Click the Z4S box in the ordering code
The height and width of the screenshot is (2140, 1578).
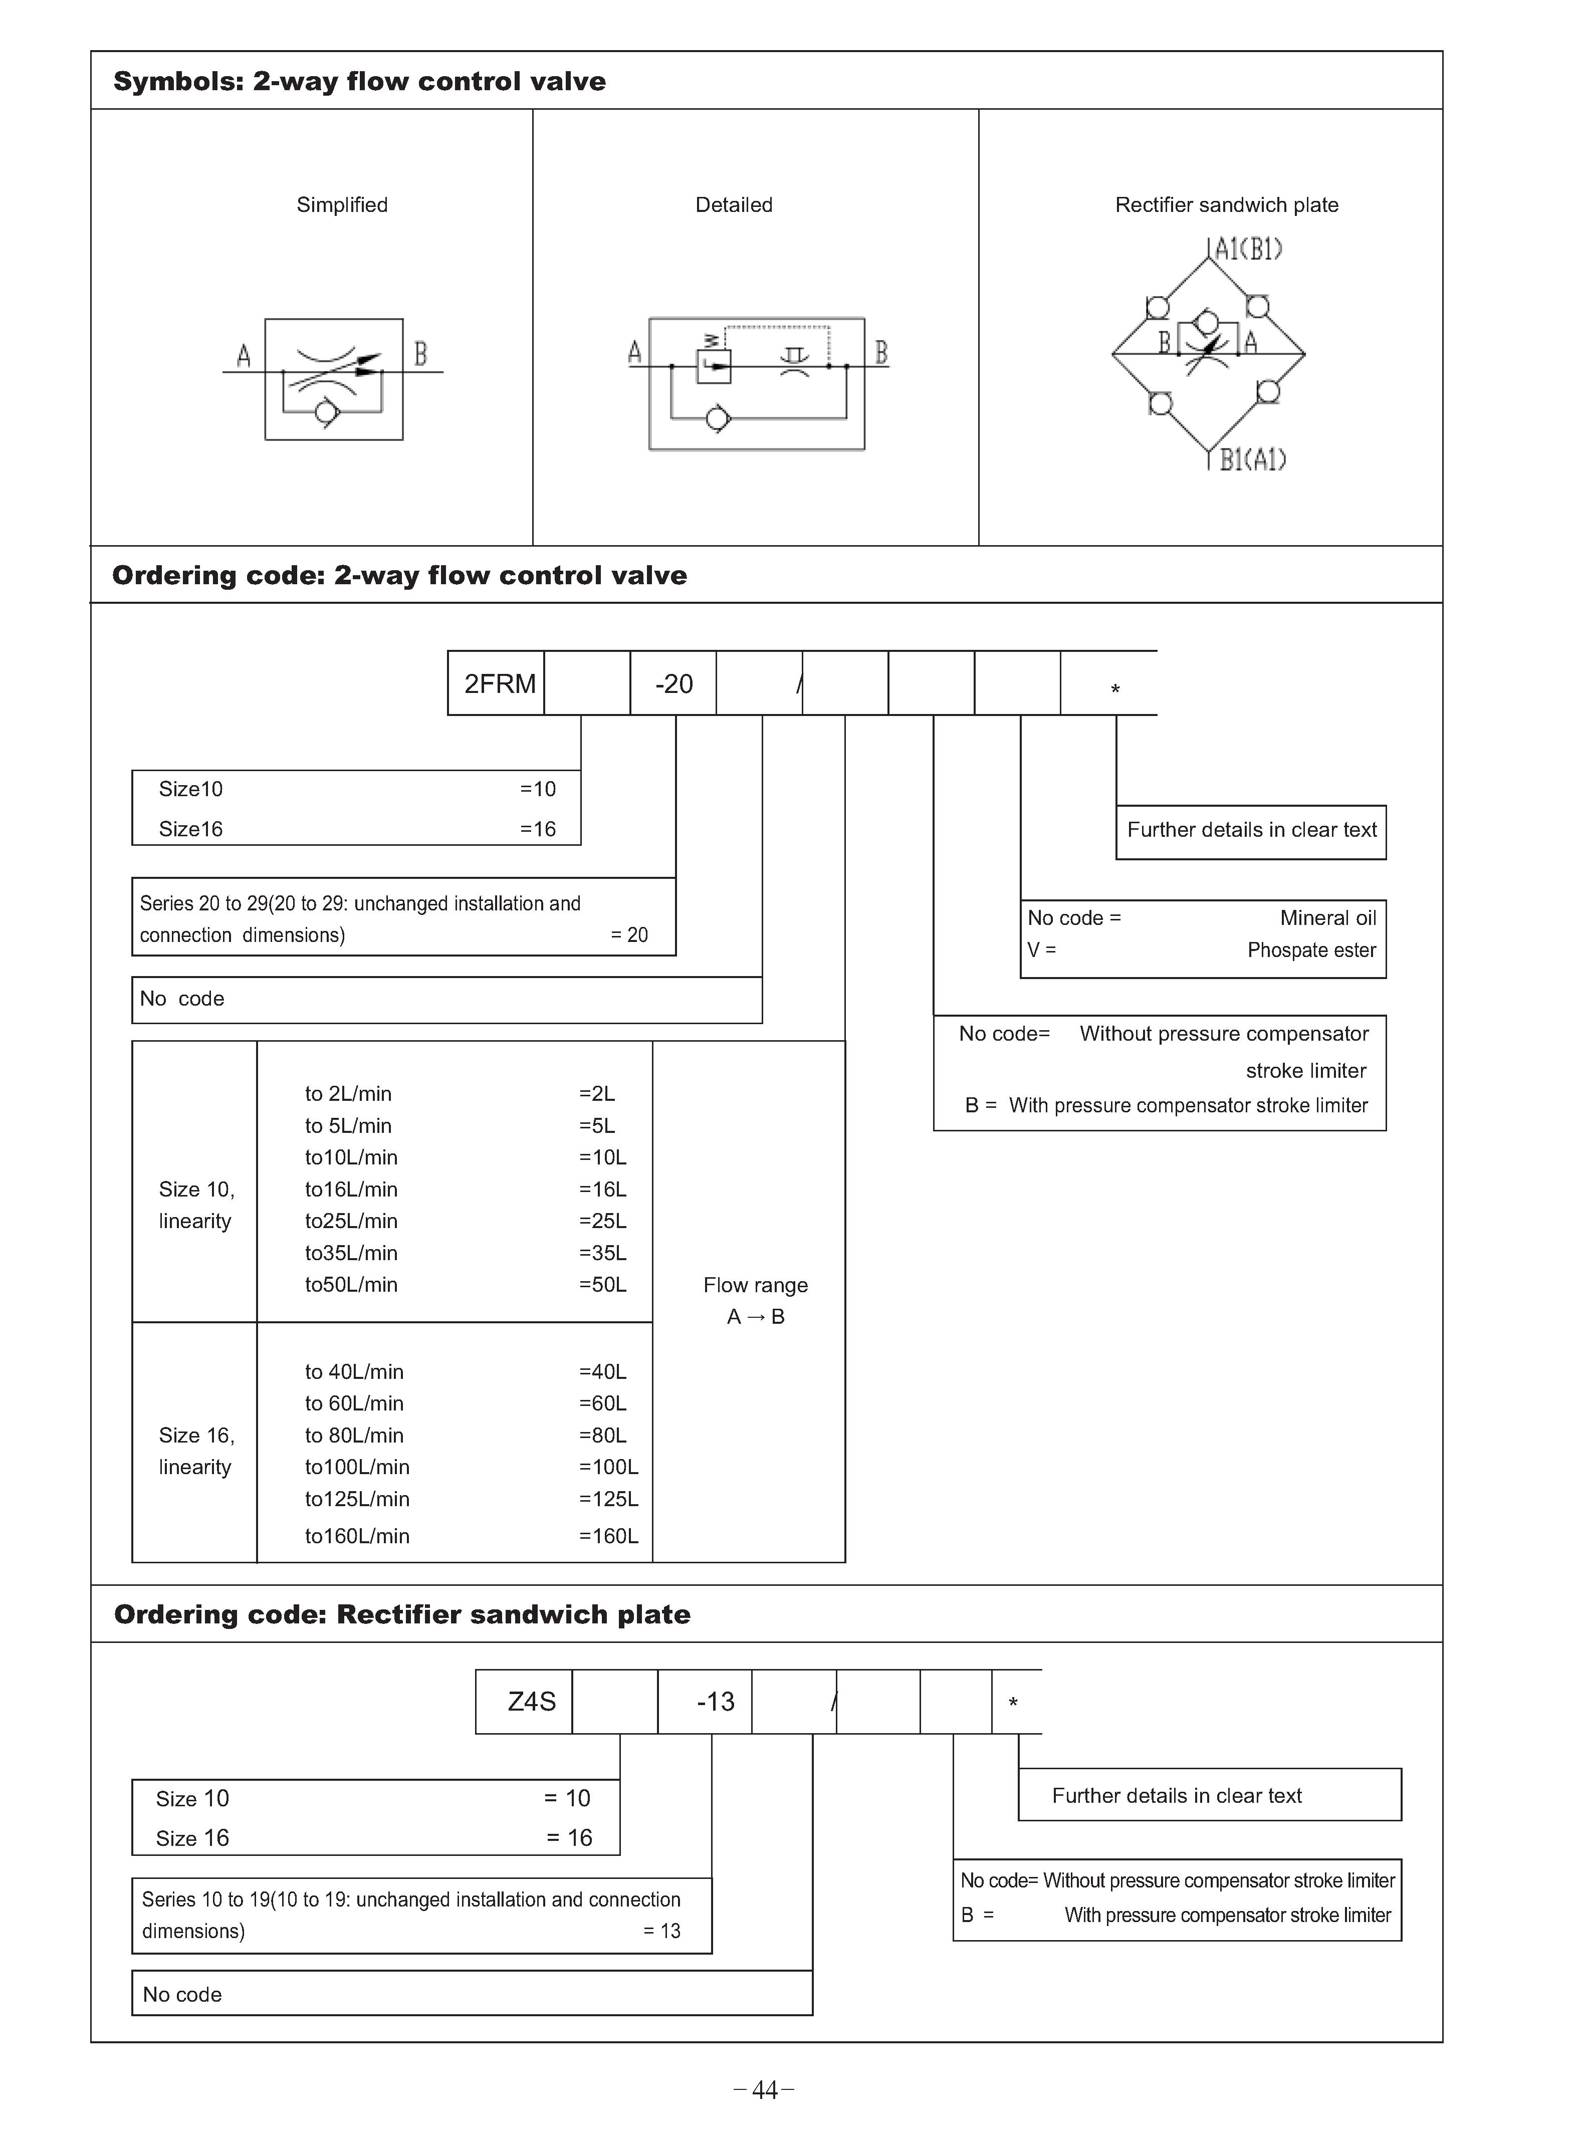(531, 1702)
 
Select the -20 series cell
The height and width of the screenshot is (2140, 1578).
(673, 684)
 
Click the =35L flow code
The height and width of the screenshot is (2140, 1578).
(603, 1253)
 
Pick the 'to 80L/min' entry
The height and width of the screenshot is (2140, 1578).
(354, 1435)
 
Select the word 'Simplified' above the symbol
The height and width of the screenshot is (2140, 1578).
(342, 205)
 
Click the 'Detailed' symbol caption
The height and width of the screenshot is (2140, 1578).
(734, 205)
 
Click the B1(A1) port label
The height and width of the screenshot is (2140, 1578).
(1252, 460)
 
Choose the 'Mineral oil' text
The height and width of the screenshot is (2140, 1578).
(1328, 918)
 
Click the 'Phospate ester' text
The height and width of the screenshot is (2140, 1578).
(1311, 950)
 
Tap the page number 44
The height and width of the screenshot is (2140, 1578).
(764, 2090)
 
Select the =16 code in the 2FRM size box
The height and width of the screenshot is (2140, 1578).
(538, 829)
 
